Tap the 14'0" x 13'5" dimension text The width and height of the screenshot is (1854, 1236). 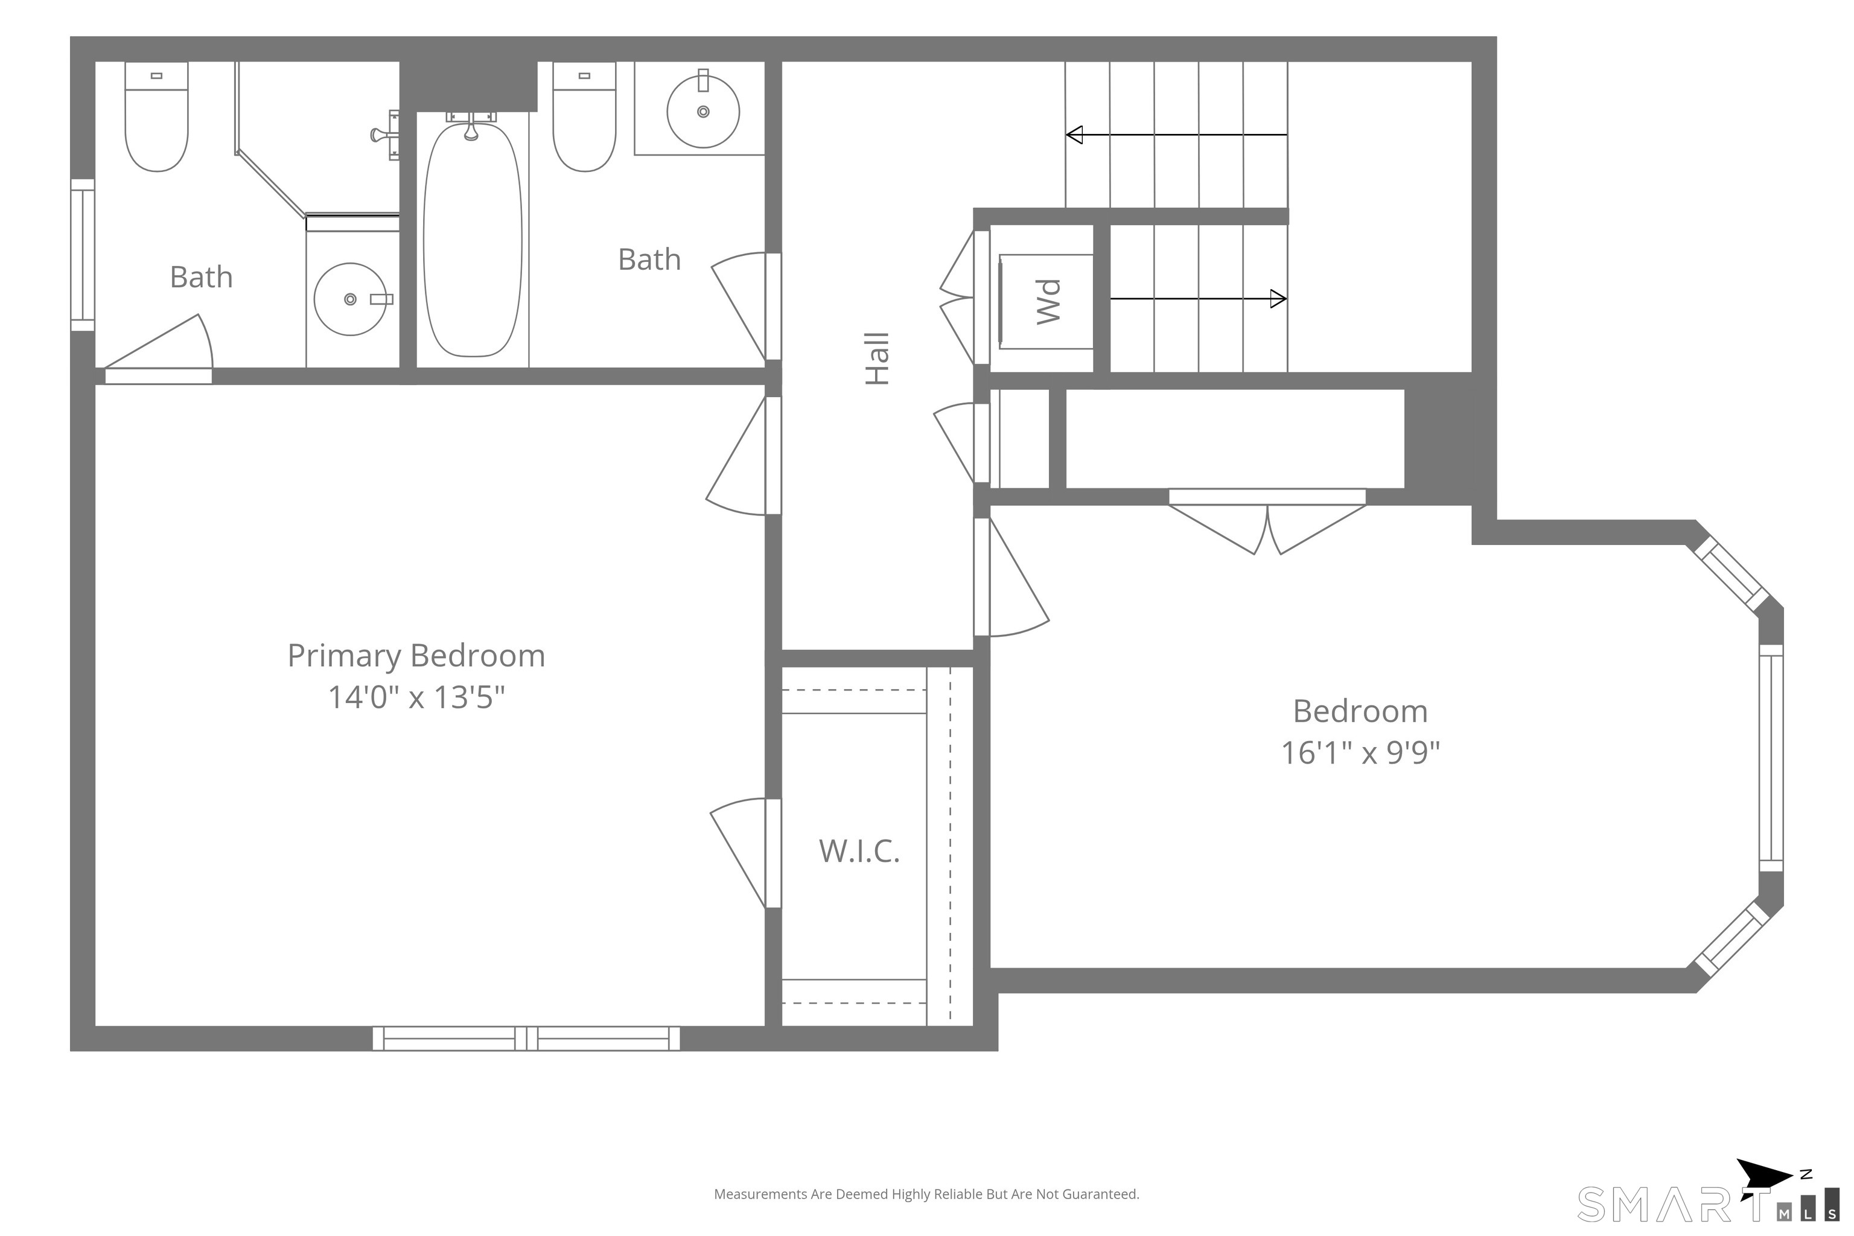[x=416, y=697]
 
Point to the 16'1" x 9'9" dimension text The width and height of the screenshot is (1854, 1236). [x=1360, y=753]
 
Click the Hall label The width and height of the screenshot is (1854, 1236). [x=878, y=358]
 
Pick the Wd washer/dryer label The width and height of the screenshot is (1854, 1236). [x=1048, y=301]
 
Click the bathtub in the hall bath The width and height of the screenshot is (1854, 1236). [x=472, y=239]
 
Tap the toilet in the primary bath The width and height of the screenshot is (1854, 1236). [x=157, y=116]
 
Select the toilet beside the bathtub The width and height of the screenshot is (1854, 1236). [x=584, y=116]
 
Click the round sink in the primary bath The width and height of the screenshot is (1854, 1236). [x=351, y=299]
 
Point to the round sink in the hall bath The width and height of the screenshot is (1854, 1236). [x=703, y=111]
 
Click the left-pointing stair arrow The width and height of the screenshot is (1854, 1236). [x=1176, y=135]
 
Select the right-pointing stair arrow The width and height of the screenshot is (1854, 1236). [x=1198, y=299]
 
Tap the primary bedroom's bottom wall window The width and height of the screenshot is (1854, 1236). [x=526, y=1038]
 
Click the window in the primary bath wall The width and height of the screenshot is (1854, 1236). [x=83, y=255]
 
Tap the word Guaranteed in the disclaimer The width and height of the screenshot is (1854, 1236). [x=1100, y=1195]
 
